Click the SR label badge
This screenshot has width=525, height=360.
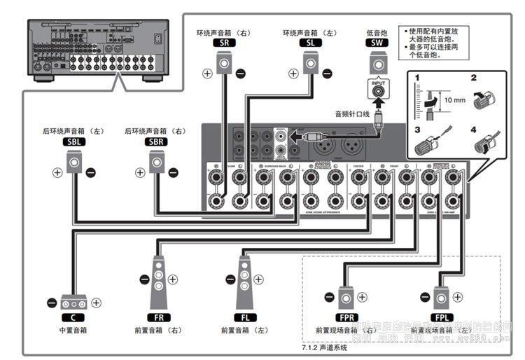223,43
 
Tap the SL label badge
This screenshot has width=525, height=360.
310,43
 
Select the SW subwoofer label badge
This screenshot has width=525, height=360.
377,43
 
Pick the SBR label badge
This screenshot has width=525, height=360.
155,141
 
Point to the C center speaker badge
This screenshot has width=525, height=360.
73,317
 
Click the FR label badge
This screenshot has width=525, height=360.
158,317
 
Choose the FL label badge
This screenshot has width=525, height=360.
244,317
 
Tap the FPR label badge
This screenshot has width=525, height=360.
346,317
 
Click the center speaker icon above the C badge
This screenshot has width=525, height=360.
73,303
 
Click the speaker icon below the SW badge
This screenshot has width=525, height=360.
377,64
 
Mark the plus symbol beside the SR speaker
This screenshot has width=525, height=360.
207,73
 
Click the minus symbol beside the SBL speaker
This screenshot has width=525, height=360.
91,172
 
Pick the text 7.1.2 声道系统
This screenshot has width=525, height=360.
324,347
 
